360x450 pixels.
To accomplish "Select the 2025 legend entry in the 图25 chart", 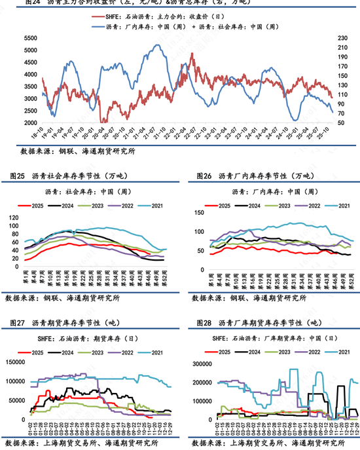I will coord(40,206).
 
